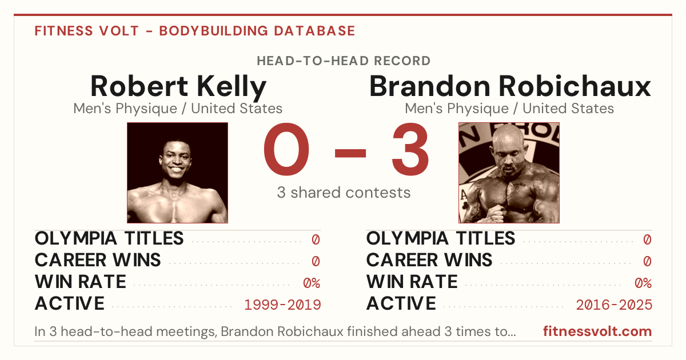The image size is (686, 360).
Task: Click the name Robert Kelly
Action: (178, 87)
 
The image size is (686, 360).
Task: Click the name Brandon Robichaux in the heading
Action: (510, 86)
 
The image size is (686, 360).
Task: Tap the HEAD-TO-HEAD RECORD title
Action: (344, 61)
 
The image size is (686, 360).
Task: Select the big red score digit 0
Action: (286, 149)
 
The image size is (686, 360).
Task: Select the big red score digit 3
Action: (410, 149)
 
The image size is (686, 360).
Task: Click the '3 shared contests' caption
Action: (344, 193)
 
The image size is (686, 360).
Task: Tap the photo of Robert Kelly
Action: (177, 173)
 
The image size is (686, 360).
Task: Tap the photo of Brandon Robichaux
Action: (509, 173)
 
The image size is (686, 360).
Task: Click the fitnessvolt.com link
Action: (597, 331)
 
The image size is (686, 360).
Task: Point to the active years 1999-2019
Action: (282, 305)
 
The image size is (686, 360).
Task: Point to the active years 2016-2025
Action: (614, 305)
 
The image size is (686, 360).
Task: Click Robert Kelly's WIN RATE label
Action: (81, 282)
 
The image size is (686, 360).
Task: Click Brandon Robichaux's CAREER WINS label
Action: (429, 260)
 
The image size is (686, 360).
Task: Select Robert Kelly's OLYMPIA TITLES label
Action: (109, 238)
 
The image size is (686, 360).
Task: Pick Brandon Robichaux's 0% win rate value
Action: (643, 283)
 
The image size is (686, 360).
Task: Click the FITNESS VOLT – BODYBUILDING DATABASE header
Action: (195, 31)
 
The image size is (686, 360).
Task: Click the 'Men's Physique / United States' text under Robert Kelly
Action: (178, 109)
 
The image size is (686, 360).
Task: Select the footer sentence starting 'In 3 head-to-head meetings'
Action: (275, 331)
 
